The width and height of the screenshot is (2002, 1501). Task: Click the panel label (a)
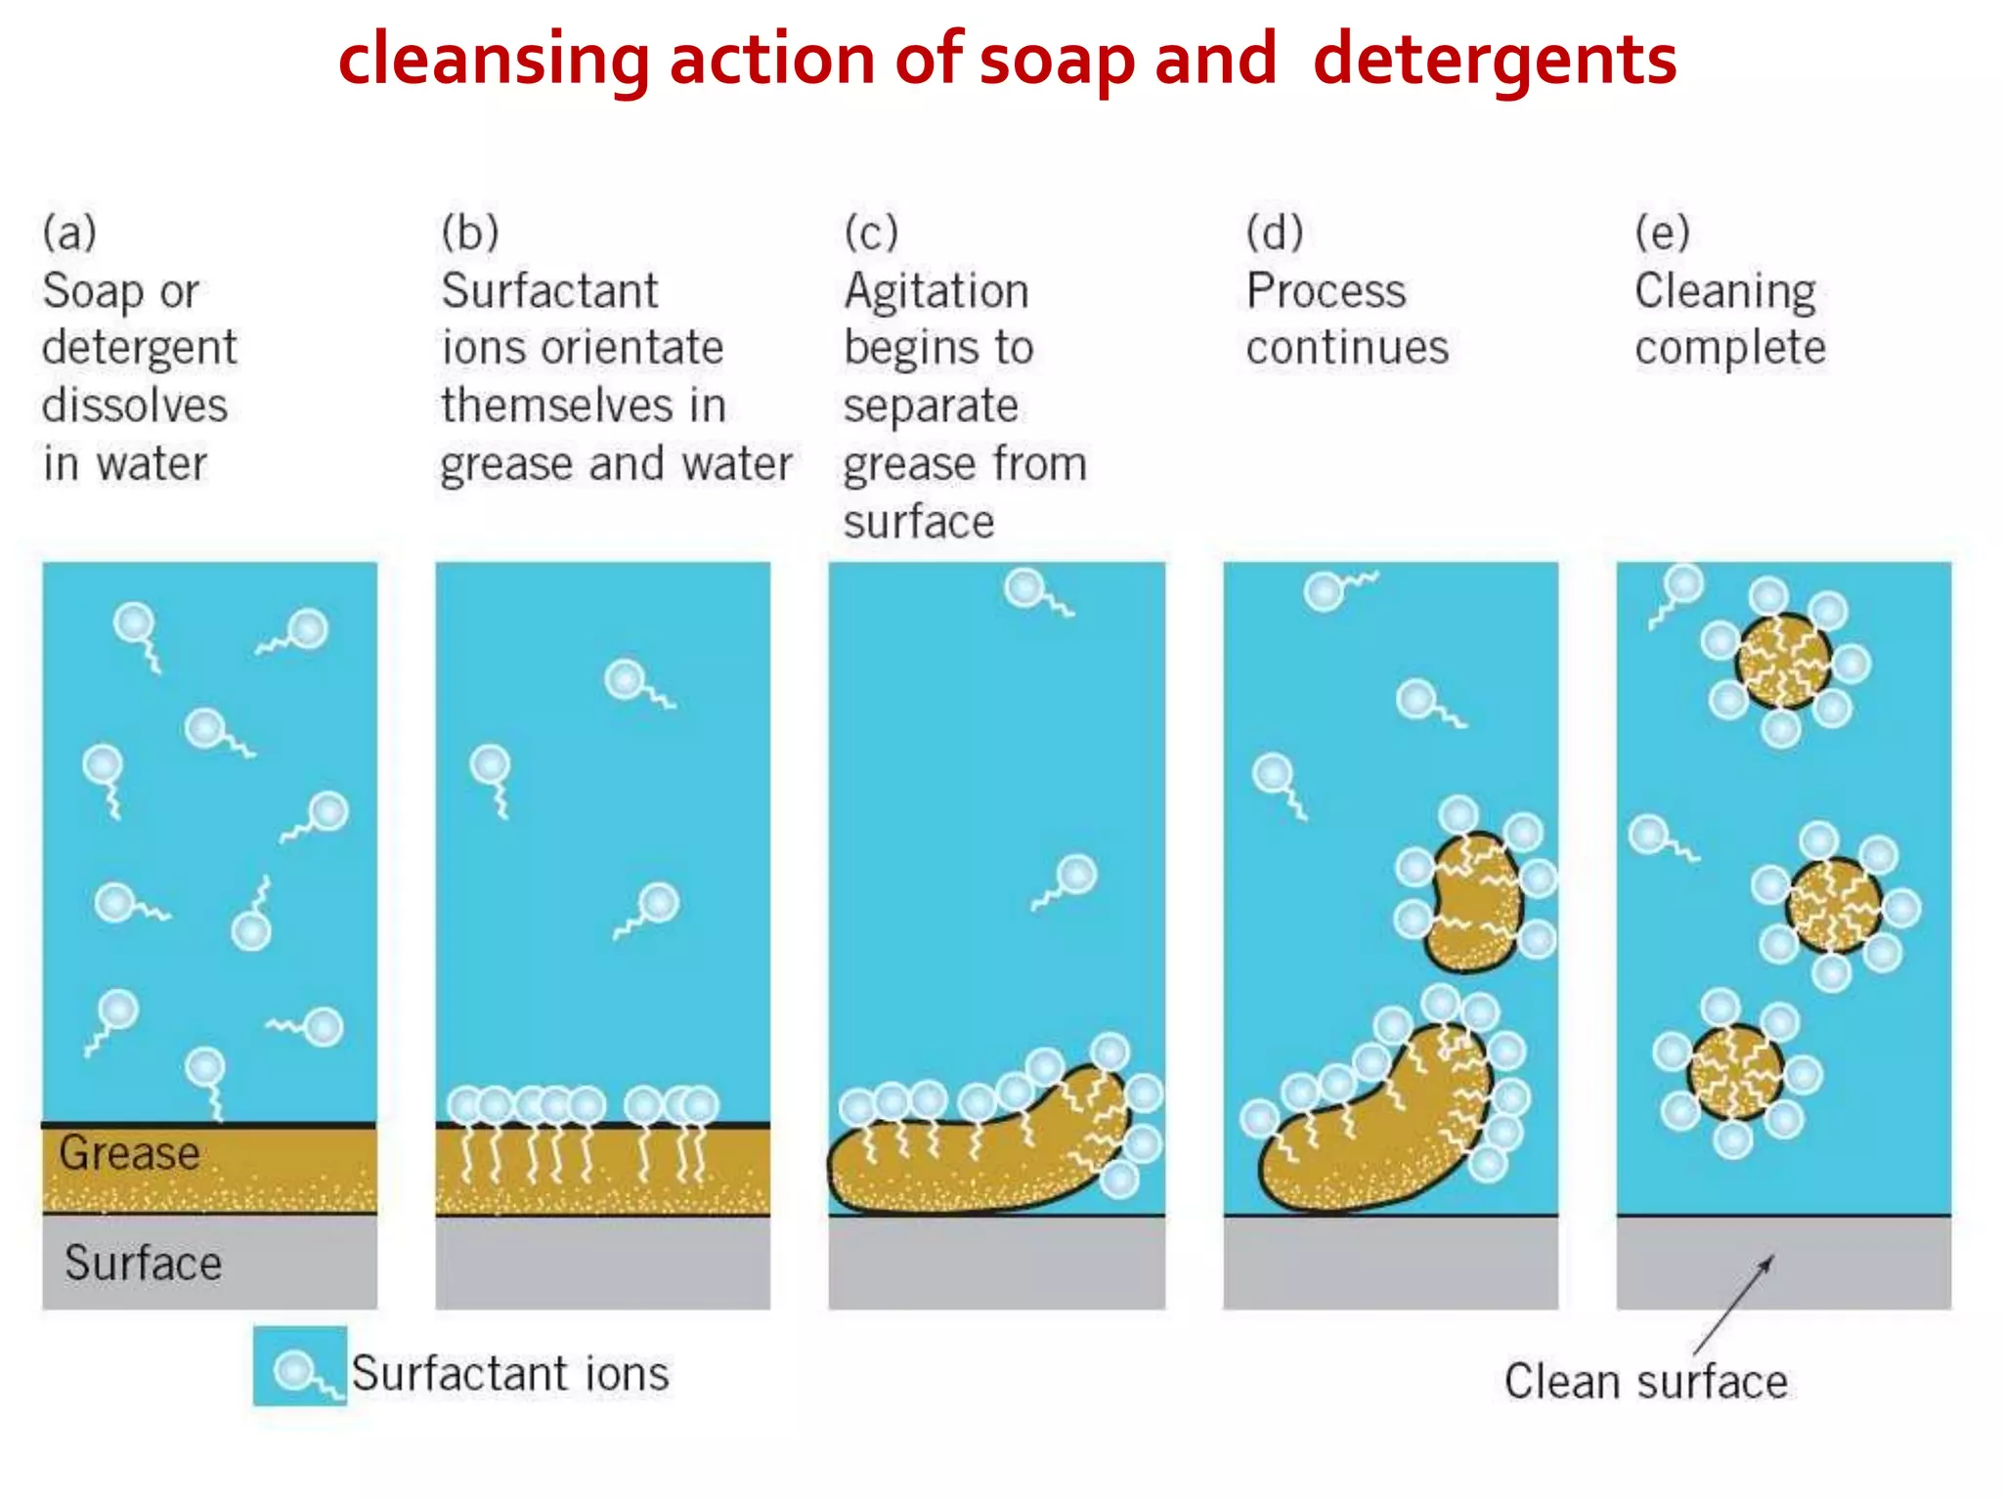click(x=69, y=233)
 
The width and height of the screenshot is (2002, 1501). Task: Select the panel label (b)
click(x=470, y=233)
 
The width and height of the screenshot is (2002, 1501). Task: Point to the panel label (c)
click(x=871, y=233)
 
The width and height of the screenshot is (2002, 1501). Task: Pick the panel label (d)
click(x=1275, y=233)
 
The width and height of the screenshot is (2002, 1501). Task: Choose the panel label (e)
click(x=1663, y=233)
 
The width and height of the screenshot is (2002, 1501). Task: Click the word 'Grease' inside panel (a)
click(x=129, y=1153)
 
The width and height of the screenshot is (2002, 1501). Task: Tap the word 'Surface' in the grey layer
click(x=143, y=1263)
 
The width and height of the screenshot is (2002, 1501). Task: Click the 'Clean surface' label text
click(x=1646, y=1382)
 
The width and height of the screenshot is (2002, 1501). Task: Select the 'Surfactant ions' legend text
click(x=510, y=1374)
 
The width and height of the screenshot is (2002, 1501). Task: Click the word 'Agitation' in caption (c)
click(x=936, y=291)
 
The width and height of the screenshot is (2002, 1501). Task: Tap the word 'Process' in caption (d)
click(x=1326, y=291)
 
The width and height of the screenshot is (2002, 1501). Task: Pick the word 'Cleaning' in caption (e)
click(x=1725, y=291)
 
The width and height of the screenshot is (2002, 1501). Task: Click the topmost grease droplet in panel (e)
click(x=1782, y=661)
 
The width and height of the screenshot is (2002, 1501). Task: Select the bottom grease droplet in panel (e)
click(x=1736, y=1072)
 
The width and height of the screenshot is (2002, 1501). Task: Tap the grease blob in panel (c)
click(x=978, y=1153)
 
